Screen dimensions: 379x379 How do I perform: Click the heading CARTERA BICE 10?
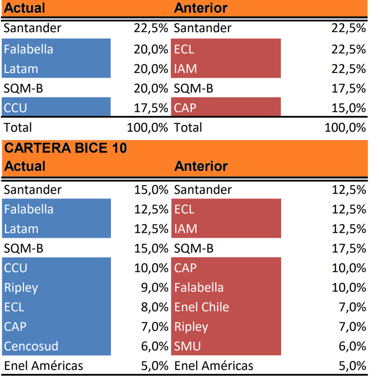click(65, 148)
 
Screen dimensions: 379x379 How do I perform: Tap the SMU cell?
click(188, 346)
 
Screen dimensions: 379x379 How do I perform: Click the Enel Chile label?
click(202, 307)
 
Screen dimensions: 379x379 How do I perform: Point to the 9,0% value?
click(154, 287)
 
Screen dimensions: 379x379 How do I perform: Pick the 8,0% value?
click(154, 307)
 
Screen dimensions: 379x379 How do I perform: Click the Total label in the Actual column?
click(18, 127)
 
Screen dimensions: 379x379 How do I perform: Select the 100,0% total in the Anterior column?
click(345, 127)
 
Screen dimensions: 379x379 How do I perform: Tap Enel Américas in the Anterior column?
click(214, 365)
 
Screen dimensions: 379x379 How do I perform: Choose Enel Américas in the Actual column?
click(43, 365)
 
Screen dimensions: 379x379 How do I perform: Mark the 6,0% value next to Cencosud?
click(154, 346)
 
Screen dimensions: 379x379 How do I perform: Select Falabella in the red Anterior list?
click(199, 287)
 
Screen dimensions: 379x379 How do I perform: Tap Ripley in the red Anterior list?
click(191, 327)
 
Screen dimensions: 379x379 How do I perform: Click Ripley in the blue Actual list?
click(21, 287)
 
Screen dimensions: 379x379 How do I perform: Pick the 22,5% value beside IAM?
click(349, 69)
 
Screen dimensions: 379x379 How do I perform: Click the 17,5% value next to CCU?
click(151, 108)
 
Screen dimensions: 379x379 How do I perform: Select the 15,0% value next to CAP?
click(349, 108)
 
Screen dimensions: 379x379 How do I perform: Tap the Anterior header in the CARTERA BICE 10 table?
click(201, 166)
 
